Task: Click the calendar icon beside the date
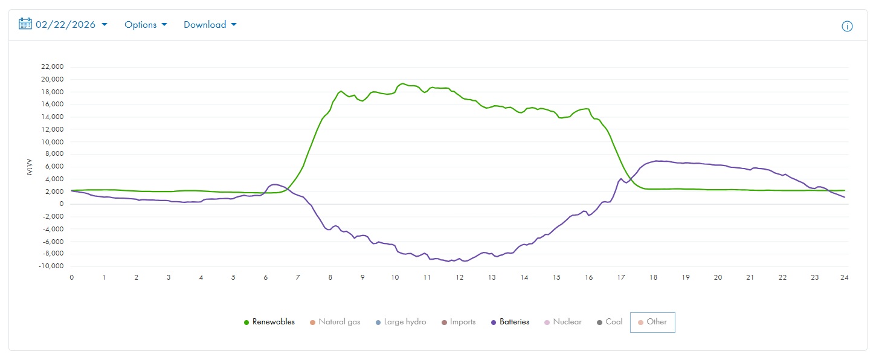[x=25, y=24]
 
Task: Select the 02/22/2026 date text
[x=65, y=25]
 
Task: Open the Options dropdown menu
[x=146, y=25]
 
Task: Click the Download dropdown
[x=210, y=25]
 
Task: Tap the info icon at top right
[x=847, y=26]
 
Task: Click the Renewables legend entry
[x=269, y=322]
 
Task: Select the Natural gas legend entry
[x=335, y=322]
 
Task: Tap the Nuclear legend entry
[x=563, y=322]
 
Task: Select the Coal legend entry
[x=610, y=322]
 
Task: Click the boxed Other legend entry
[x=652, y=322]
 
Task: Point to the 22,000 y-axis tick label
[x=52, y=67]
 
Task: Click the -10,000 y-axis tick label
[x=51, y=266]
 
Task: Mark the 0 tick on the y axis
[x=61, y=204]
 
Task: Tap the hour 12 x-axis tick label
[x=460, y=277]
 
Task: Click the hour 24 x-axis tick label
[x=845, y=277]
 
